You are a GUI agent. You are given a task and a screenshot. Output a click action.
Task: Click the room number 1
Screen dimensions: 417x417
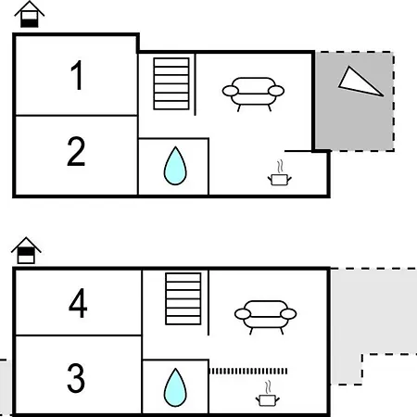click(77, 75)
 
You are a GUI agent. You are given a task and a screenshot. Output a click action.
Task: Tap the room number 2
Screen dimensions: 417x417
click(76, 151)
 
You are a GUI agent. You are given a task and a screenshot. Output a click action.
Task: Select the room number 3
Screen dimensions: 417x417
click(76, 378)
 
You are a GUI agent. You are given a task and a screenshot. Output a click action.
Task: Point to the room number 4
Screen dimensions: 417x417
click(78, 303)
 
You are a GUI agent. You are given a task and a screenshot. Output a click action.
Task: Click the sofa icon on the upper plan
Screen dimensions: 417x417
click(253, 94)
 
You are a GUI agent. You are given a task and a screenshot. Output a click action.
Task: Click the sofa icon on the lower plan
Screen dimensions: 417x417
click(265, 317)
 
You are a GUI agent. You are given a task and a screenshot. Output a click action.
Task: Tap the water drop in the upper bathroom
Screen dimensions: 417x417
click(175, 166)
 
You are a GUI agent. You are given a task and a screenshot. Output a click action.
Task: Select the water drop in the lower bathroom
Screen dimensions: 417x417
click(175, 387)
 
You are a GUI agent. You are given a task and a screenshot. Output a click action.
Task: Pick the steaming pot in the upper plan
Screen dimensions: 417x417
click(280, 172)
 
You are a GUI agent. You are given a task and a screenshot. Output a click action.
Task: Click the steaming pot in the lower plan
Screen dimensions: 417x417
click(268, 394)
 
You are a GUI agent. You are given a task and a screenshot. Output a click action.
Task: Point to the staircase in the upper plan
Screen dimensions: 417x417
click(171, 83)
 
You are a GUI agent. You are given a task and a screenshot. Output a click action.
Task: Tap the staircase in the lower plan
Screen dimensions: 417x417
click(183, 298)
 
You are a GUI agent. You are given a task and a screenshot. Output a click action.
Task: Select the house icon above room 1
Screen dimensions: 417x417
click(30, 14)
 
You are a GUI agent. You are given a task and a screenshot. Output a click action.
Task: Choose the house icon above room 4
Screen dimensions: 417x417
click(26, 250)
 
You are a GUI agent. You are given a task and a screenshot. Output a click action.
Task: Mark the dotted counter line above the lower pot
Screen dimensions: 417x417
click(248, 371)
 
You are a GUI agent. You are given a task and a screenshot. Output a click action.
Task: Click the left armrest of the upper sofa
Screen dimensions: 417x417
click(231, 91)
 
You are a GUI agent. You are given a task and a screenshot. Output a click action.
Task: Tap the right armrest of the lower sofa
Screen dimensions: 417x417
click(288, 314)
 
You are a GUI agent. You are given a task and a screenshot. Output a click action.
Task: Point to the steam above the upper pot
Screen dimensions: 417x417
click(280, 167)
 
